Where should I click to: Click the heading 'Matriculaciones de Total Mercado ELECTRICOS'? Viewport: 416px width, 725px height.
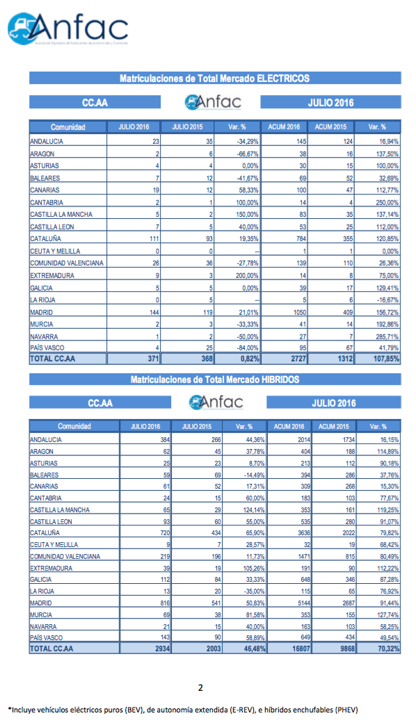pos(214,79)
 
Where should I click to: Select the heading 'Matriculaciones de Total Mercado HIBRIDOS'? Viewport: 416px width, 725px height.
pos(214,380)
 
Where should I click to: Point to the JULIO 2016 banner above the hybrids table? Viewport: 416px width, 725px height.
pos(333,403)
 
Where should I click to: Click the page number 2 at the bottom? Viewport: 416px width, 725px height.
pos(200,688)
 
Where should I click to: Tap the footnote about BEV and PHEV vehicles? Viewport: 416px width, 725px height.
pos(182,710)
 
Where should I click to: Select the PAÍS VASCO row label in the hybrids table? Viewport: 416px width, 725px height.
pos(49,636)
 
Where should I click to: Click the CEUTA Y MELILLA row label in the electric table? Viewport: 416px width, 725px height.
pos(55,251)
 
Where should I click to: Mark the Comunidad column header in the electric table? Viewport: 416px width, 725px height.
pos(67,127)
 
